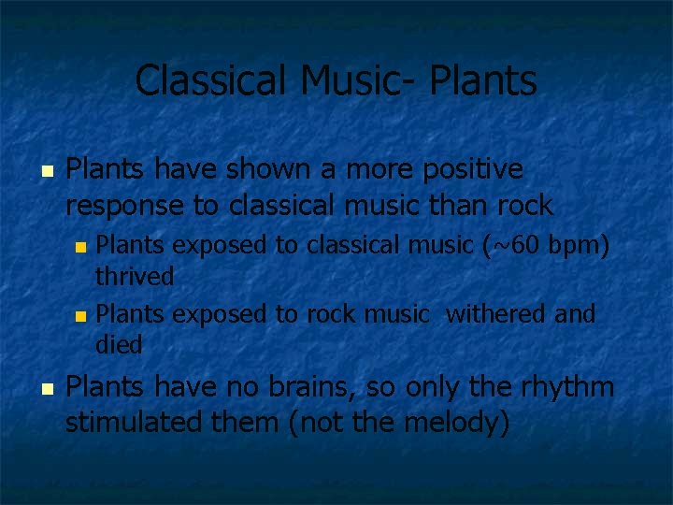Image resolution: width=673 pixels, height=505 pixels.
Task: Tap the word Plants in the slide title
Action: [483, 80]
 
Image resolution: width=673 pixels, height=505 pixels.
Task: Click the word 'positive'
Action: [472, 169]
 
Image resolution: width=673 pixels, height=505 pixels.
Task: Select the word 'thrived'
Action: [135, 277]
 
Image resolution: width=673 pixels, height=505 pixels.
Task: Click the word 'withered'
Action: [496, 313]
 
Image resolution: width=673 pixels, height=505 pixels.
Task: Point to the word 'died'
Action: [119, 345]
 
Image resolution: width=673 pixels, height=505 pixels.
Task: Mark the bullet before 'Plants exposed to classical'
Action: [80, 248]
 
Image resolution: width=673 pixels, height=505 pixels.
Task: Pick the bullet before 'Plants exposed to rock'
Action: [80, 315]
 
